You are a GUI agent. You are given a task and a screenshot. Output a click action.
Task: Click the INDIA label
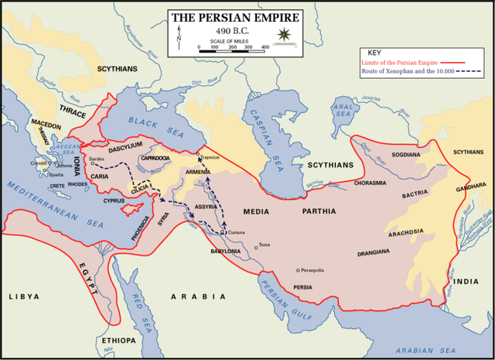pyautogui.click(x=466, y=281)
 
